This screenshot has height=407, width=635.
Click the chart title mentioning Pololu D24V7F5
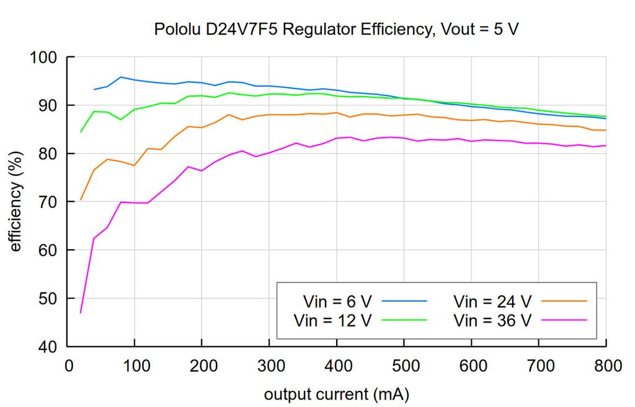335,29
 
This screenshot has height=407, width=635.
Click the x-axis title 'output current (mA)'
337,394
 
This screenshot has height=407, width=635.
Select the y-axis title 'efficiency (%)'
17,201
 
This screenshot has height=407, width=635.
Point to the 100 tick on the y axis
44,58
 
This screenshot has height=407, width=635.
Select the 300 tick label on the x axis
269,366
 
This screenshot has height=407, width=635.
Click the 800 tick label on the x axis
606,366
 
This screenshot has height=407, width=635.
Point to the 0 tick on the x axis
68,366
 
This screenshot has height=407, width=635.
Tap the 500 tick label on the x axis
404,366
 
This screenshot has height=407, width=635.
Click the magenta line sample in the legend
564,319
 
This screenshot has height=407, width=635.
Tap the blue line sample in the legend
405,300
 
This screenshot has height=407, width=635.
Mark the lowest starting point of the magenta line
81,313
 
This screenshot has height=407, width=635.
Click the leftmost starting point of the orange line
81,200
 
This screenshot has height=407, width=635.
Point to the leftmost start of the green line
81,132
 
